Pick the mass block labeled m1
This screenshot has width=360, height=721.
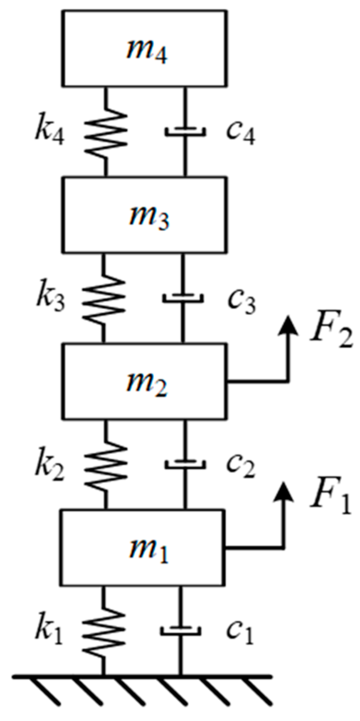pos(143,548)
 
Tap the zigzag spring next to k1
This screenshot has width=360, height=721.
pos(103,630)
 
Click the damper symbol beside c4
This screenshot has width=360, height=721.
pos(185,132)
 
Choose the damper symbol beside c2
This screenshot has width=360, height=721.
pos(185,463)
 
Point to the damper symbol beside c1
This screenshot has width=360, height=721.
pos(181,630)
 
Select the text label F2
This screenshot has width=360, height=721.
pos(331,335)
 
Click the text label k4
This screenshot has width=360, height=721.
pos(50,133)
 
